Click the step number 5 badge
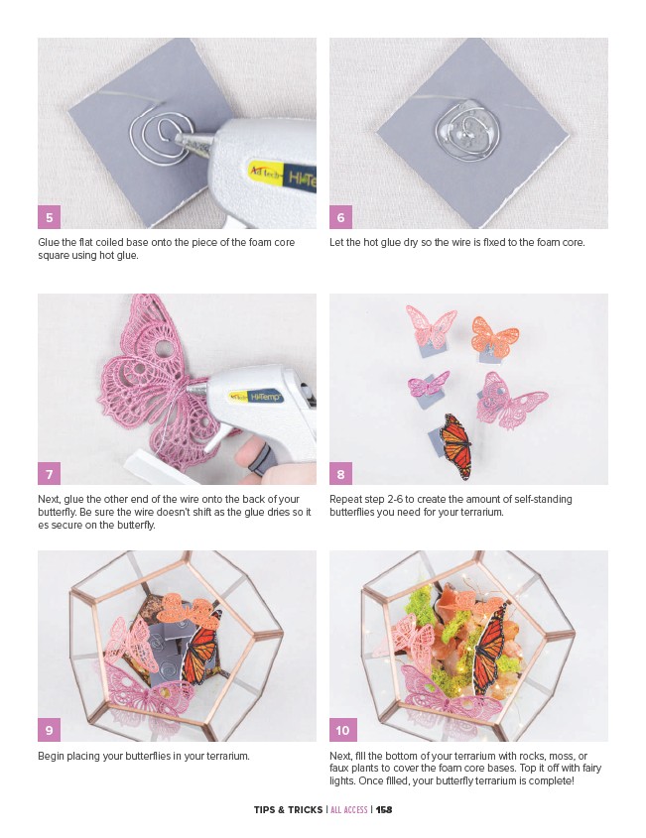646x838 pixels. tap(49, 217)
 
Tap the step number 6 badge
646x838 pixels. tap(340, 217)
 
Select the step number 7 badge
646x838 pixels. tap(49, 473)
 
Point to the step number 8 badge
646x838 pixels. tap(340, 473)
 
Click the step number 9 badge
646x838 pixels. tap(49, 730)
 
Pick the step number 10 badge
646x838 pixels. tap(342, 730)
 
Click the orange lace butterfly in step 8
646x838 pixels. tap(494, 336)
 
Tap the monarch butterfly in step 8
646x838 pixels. tap(456, 445)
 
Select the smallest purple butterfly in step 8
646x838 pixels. tap(428, 383)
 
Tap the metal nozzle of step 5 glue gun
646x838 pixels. tap(194, 143)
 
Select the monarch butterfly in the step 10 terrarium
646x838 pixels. tap(489, 648)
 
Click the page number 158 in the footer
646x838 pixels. tap(384, 809)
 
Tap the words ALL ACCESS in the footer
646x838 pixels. tap(348, 809)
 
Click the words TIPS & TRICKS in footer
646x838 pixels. tap(288, 809)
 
